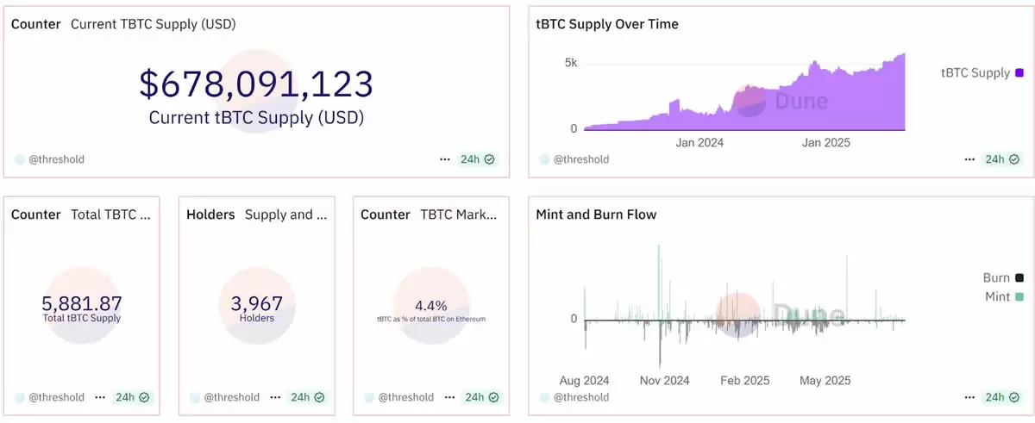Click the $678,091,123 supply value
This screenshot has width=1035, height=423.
(x=256, y=84)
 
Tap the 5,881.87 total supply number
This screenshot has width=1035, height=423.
(x=82, y=304)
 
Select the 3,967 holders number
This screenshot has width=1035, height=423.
(x=257, y=304)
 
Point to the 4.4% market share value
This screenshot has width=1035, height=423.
(x=430, y=305)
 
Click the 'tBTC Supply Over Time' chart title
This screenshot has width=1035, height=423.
(x=607, y=24)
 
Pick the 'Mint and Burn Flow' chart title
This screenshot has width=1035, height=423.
(x=596, y=215)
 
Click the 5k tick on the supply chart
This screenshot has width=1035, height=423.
(x=571, y=63)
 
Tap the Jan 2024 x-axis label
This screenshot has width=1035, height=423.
(x=699, y=142)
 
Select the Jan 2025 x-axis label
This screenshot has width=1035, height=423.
(x=825, y=142)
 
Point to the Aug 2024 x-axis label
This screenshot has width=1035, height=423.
(x=584, y=380)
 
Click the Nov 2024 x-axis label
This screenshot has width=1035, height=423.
(x=664, y=380)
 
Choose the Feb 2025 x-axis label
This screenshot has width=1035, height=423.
(x=744, y=380)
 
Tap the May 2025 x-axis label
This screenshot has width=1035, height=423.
(x=825, y=380)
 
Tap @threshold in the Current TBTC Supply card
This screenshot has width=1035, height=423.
(x=56, y=159)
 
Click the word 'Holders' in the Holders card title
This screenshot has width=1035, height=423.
(x=210, y=215)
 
